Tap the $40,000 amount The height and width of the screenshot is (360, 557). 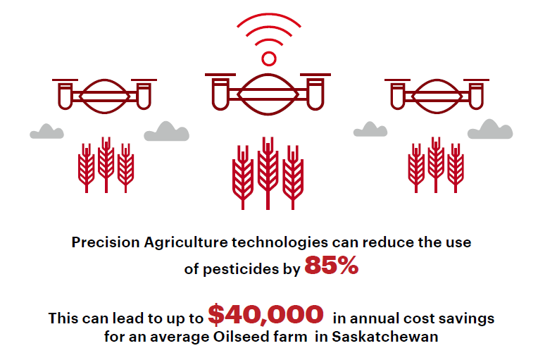[265, 314]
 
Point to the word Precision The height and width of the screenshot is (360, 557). [106, 242]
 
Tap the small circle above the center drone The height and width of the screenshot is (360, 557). [268, 58]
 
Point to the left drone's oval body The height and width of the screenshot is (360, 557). [104, 95]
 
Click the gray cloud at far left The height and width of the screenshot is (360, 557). [46, 131]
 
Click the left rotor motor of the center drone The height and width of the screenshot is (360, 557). [219, 92]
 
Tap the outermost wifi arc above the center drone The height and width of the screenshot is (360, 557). [268, 21]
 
